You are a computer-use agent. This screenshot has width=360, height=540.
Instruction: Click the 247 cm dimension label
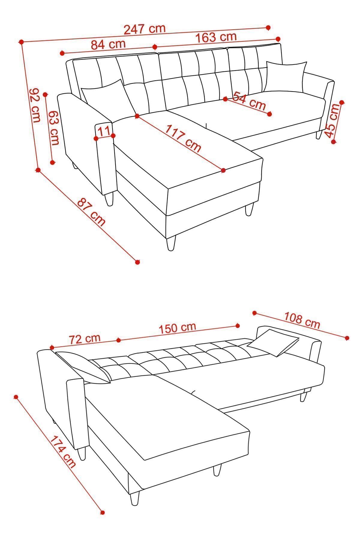tap(145, 29)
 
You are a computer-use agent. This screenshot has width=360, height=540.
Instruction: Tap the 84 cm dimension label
tap(108, 44)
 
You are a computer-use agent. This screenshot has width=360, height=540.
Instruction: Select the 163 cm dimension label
tap(216, 37)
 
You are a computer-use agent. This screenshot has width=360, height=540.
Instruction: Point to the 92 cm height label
tap(35, 105)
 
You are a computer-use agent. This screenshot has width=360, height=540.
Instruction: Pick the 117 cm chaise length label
tap(183, 137)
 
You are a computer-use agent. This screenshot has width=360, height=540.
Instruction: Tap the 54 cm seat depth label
tap(249, 100)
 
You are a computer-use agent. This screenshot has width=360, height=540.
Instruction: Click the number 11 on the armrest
tap(104, 131)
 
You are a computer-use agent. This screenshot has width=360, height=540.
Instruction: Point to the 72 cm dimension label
tap(84, 339)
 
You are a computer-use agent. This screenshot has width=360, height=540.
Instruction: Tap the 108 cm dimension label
tap(302, 320)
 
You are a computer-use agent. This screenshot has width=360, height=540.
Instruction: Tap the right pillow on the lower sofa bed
tap(273, 342)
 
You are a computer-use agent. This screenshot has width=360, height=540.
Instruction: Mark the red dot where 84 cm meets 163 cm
tap(155, 47)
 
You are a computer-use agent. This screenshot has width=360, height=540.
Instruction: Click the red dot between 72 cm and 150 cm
tap(118, 340)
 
